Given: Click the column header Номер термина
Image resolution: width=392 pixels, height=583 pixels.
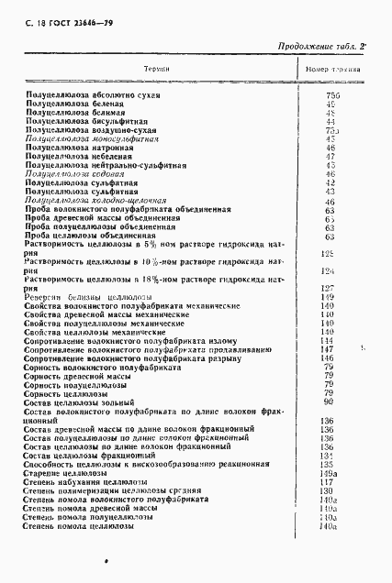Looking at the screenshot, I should coord(332,70).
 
